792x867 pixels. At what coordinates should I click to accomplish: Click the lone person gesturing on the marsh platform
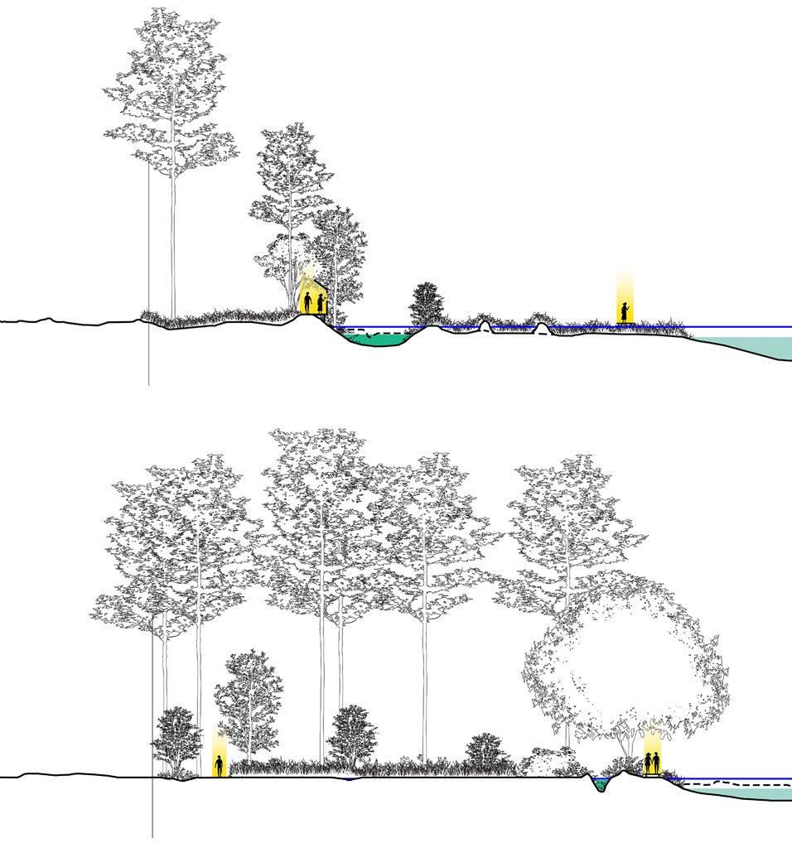[x=625, y=311]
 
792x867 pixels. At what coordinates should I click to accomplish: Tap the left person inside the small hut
[x=307, y=303]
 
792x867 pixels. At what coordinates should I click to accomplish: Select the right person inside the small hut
[x=320, y=304]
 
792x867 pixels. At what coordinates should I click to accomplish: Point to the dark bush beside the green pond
[x=427, y=304]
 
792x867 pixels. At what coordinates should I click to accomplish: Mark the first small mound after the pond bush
[x=485, y=327]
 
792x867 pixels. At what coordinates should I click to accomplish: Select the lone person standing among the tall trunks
[x=220, y=764]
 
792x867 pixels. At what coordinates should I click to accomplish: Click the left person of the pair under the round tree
[x=648, y=763]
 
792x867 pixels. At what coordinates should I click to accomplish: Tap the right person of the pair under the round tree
[x=658, y=763]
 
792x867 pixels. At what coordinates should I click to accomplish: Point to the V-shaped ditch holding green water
[x=601, y=783]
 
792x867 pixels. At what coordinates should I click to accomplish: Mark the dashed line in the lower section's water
[x=729, y=783]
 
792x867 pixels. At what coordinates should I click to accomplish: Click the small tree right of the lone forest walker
[x=248, y=704]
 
